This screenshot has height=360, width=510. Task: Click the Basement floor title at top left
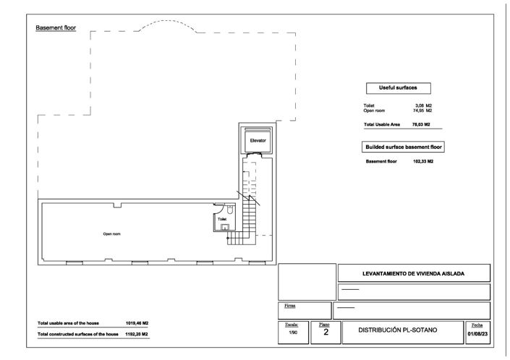[x=56, y=27]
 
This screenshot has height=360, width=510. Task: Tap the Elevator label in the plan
[x=258, y=140]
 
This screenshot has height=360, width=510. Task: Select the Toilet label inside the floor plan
[x=222, y=218]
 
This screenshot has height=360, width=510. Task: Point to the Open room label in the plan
[x=111, y=234]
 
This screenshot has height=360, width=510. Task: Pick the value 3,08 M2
[x=423, y=106]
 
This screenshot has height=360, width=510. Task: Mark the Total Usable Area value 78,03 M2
[x=422, y=124]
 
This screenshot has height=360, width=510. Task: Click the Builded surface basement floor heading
[x=403, y=146]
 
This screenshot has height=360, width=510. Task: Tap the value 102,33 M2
[x=422, y=161]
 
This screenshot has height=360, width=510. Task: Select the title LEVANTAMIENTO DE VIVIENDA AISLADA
[x=413, y=274]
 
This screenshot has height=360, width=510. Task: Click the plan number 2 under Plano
[x=326, y=333]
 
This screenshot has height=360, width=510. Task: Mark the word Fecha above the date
[x=477, y=326]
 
